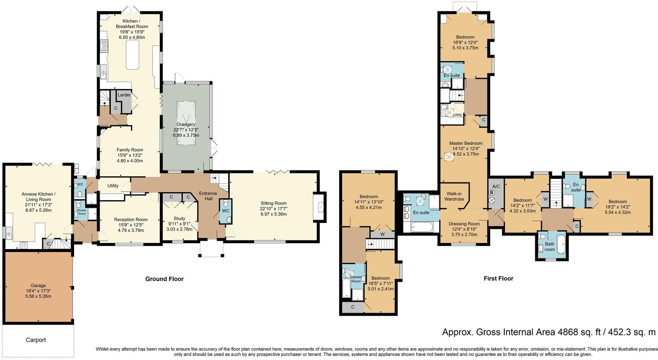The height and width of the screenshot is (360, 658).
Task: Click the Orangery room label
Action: (186, 124)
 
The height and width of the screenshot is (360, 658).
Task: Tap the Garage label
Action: (38, 285)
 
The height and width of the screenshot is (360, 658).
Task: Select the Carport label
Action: (36, 340)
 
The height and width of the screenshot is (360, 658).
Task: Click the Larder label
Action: (124, 95)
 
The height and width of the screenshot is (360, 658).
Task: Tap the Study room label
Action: (179, 218)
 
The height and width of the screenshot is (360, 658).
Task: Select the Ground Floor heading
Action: (164, 279)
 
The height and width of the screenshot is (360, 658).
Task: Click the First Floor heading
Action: (499, 278)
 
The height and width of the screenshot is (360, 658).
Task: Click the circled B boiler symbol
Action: (492, 193)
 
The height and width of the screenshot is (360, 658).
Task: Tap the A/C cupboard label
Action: (496, 186)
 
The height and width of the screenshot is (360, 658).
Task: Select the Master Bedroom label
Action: (466, 143)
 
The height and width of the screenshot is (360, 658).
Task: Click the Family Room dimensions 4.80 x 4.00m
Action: (130, 161)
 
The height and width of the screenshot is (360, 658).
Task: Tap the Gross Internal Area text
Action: (549, 332)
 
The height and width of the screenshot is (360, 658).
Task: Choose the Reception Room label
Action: (131, 219)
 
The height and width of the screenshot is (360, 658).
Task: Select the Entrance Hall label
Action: (208, 196)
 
